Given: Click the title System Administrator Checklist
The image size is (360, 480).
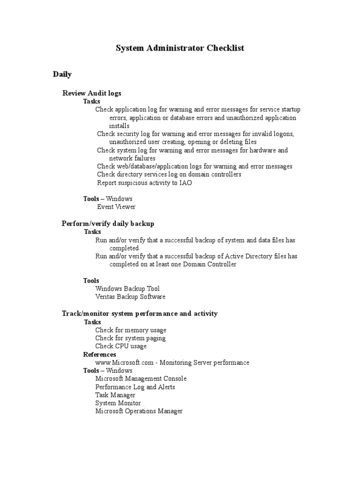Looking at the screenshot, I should tap(180, 48).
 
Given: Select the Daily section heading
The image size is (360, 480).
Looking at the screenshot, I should tap(62, 75).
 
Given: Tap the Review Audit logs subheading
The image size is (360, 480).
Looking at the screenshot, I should tap(92, 93).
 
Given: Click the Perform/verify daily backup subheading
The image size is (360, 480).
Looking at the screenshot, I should tap(108, 224).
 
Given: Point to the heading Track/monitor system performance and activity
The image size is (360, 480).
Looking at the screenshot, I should tap(140, 313).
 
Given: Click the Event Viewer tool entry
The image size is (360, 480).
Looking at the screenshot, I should tap(116, 206).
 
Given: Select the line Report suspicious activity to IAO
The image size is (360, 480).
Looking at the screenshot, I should tap(144, 183).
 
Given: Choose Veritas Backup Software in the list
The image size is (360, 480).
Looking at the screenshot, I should tap(130, 297).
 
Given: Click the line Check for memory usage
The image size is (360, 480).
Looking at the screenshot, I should tap(131, 330).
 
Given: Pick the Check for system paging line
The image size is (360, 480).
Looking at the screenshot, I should tap(130, 338).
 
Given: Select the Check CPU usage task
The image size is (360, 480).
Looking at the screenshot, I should tap(121, 346).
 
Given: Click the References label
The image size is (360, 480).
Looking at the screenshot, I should tap(99, 354).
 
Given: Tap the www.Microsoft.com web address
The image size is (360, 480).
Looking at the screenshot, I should tap(118, 362).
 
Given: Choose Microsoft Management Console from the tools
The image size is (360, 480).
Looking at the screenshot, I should tap(141, 379).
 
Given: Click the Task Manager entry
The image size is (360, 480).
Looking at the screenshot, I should tap(115, 395).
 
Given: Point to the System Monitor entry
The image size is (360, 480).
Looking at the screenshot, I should tap(118, 403).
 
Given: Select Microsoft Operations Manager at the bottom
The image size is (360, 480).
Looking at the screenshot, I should tap(139, 411).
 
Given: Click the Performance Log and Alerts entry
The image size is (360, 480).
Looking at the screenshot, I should tap(135, 387).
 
